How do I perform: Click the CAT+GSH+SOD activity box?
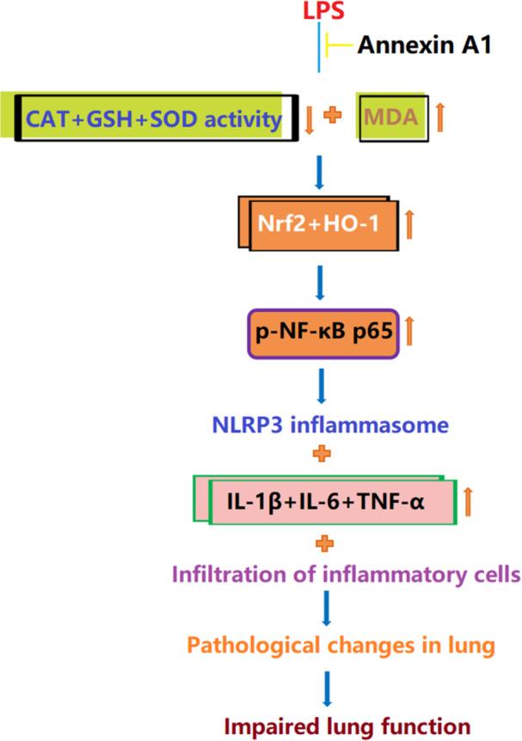coord(152,119)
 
